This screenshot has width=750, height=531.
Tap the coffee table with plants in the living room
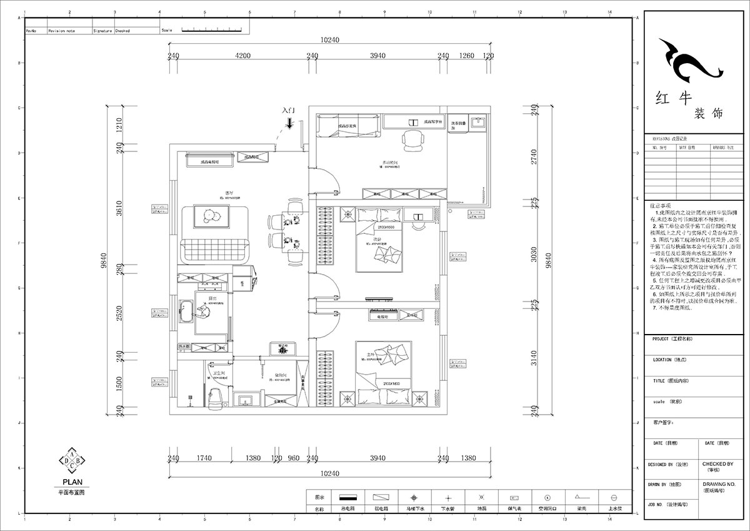(x=209, y=216)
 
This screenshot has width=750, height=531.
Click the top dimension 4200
(x=242, y=56)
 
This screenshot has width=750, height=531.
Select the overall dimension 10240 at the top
(x=329, y=40)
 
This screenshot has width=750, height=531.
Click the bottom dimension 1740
(x=203, y=458)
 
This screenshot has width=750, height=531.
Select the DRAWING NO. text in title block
(x=718, y=483)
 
